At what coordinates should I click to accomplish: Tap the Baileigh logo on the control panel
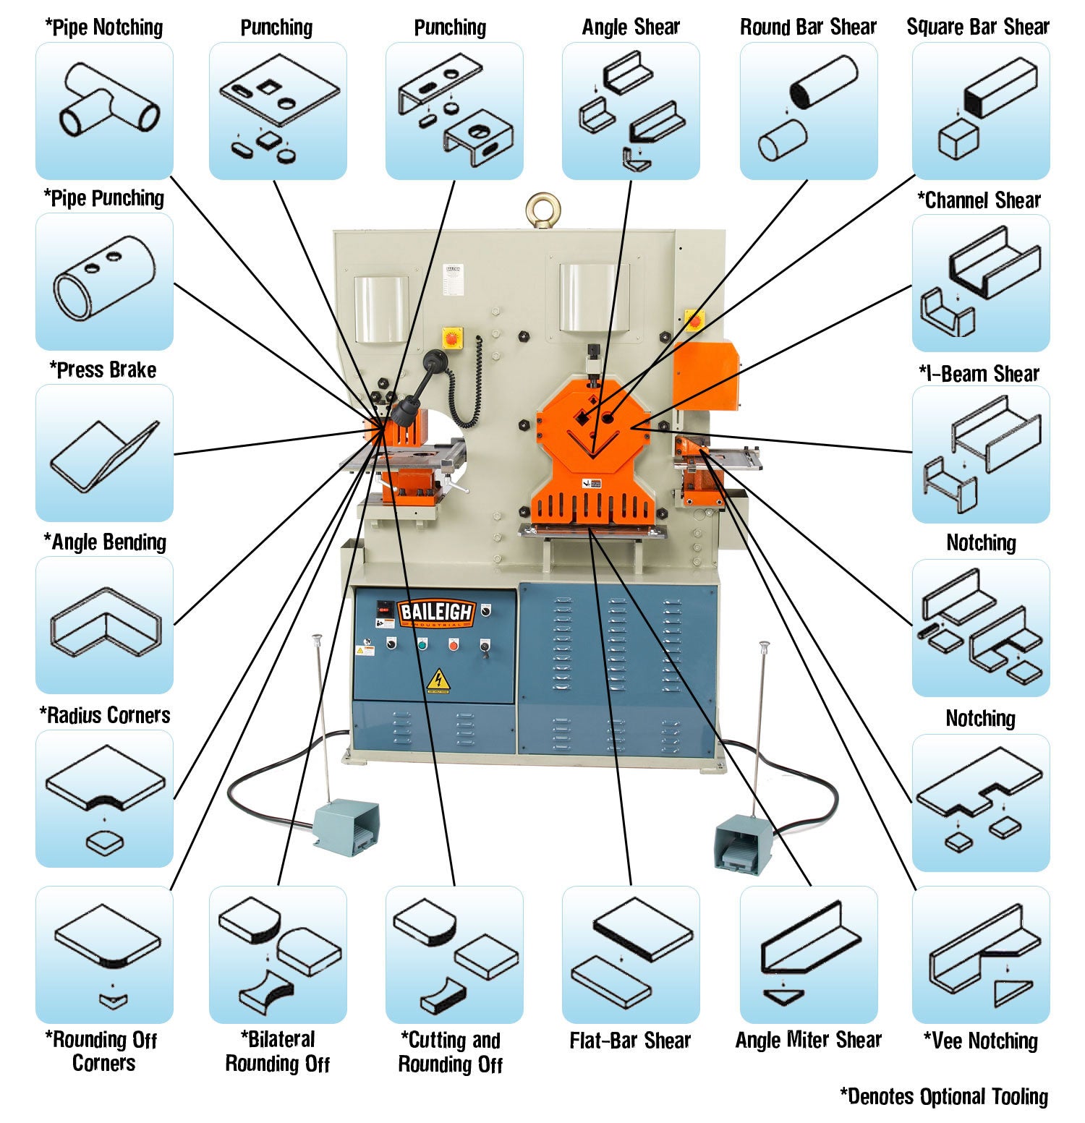pos(435,612)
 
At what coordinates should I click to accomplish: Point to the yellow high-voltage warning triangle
pos(437,680)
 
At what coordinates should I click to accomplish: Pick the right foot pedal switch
pos(743,843)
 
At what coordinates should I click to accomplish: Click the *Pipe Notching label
pos(104,27)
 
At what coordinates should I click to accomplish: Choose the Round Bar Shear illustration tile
pos(808,111)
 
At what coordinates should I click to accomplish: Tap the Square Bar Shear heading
pos(978,27)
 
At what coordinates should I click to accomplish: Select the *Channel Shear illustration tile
pos(980,283)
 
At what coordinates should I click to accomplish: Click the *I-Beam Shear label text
pos(979,373)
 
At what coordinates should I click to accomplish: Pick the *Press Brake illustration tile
pos(104,453)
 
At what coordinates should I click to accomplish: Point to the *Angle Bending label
pos(105,542)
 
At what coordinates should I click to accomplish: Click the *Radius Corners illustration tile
pos(104,798)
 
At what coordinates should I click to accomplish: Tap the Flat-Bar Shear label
pos(630,1040)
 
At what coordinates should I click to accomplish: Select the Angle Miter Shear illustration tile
pos(808,955)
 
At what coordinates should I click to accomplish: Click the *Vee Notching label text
pos(980,1041)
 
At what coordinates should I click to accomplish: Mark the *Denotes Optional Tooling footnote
pos(943,1096)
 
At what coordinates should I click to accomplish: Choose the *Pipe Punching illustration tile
pos(104,281)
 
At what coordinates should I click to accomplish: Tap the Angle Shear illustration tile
pos(630,111)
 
